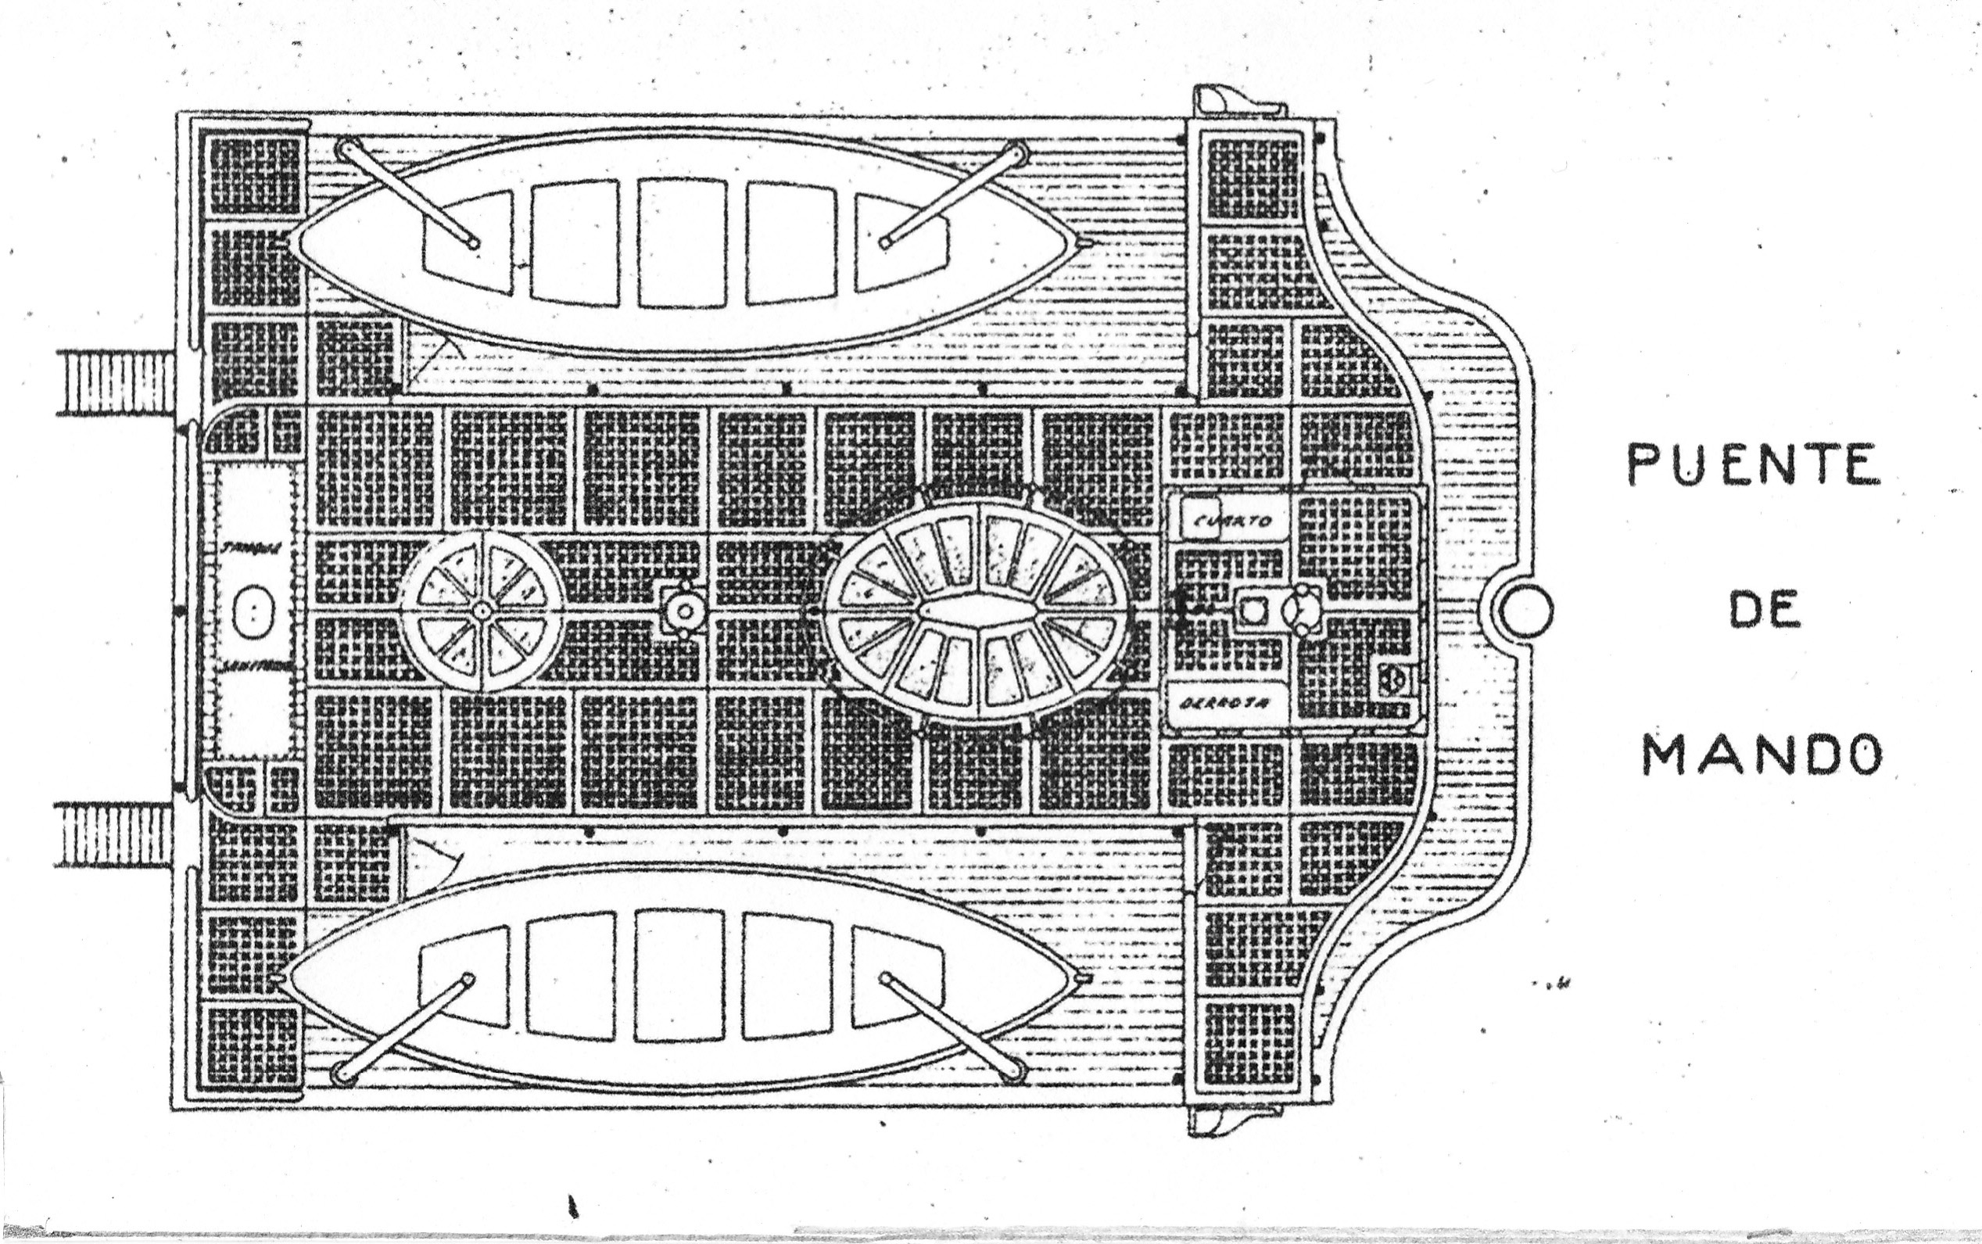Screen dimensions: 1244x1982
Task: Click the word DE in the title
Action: tap(1762, 611)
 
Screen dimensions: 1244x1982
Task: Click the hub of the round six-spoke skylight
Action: tap(482, 611)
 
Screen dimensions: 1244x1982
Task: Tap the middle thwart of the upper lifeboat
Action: tap(681, 243)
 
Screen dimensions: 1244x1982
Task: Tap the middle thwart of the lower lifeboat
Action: tap(679, 975)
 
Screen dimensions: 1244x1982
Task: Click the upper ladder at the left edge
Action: tap(116, 382)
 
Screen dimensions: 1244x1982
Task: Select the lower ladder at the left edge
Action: tap(114, 837)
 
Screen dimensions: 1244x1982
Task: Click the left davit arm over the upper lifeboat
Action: tap(407, 195)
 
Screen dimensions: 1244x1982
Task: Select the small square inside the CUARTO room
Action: tap(1199, 516)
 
